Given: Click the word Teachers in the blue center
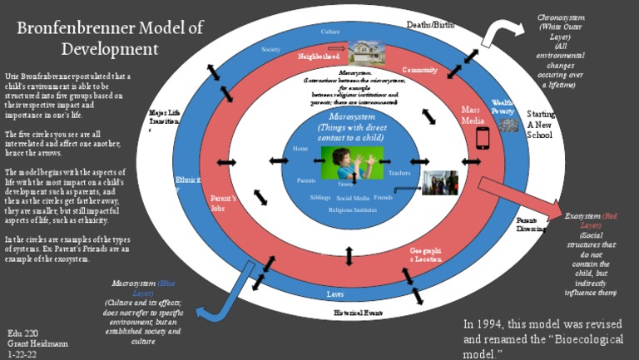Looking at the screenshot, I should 399,173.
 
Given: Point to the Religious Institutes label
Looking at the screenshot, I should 352,210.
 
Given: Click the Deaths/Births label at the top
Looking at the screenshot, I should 430,25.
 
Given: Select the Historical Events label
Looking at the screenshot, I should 358,313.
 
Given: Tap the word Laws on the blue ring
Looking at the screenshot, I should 335,293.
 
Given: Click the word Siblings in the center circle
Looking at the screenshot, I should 319,198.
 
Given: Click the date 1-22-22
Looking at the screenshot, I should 22,353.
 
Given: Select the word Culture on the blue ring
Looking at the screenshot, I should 329,32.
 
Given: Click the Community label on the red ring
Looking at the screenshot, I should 419,70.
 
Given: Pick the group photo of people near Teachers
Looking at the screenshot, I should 439,183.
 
